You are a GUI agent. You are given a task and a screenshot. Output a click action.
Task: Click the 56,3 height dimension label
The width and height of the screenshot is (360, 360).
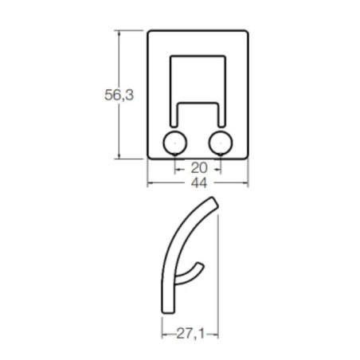point(117,96)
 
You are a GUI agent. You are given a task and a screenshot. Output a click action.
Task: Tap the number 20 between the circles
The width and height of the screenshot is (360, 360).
point(198,168)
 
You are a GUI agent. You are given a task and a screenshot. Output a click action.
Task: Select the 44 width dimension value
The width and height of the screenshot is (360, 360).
point(198,182)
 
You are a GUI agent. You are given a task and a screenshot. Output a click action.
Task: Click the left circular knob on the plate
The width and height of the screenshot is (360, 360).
point(174,143)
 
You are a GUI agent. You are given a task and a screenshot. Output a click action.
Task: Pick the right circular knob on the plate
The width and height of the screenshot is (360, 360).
point(221,143)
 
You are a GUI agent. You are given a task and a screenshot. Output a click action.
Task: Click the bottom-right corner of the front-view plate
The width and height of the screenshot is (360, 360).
point(245,157)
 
